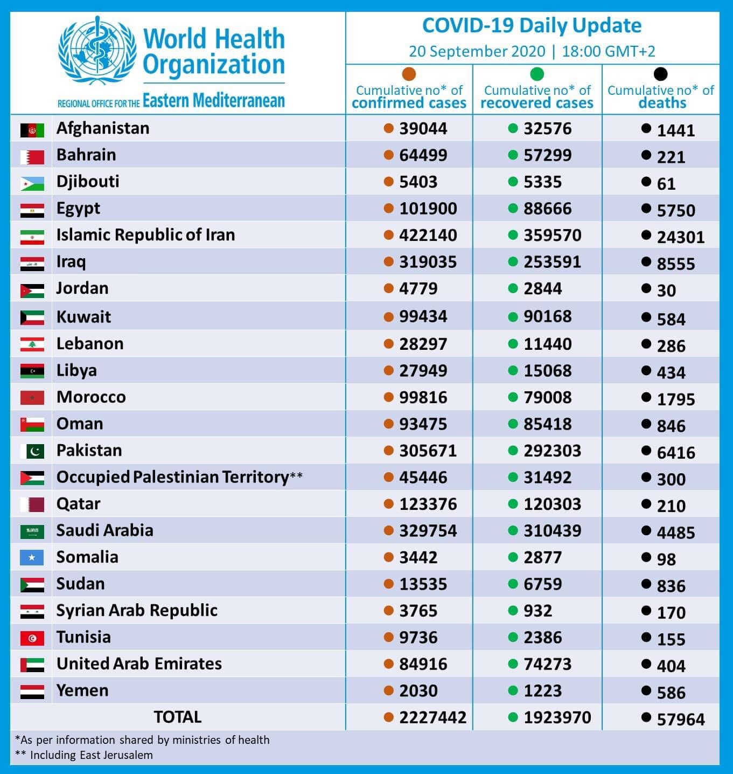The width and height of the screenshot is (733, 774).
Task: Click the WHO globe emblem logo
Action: point(97,50)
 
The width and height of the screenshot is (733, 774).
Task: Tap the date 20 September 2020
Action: point(477,52)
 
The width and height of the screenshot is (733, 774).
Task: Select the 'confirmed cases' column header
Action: point(409,96)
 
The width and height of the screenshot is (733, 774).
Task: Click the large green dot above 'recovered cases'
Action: point(536,74)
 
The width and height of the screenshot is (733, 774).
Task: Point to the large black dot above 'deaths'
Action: point(661,74)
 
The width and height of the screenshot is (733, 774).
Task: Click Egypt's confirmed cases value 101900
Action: point(428,208)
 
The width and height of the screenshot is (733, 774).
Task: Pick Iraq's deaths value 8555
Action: point(675,264)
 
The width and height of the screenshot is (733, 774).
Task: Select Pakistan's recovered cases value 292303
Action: point(553,451)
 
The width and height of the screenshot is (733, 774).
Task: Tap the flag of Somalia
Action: point(32,557)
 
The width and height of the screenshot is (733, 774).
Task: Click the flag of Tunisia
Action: point(32,638)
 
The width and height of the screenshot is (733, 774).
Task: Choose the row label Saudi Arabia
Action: point(104,530)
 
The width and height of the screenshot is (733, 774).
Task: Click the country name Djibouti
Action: point(88,182)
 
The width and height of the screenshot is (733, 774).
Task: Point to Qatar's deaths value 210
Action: point(671,506)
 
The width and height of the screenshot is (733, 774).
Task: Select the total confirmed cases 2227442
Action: point(433,717)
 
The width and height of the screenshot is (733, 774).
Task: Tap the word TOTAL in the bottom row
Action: point(177,717)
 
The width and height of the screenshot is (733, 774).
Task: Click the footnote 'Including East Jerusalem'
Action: point(91,755)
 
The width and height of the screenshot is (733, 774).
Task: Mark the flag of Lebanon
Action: point(32,344)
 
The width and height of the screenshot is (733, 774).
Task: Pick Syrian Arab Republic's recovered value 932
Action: point(538,611)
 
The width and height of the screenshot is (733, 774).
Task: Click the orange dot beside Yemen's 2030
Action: point(388,690)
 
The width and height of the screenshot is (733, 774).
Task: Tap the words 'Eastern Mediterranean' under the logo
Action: point(214,100)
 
